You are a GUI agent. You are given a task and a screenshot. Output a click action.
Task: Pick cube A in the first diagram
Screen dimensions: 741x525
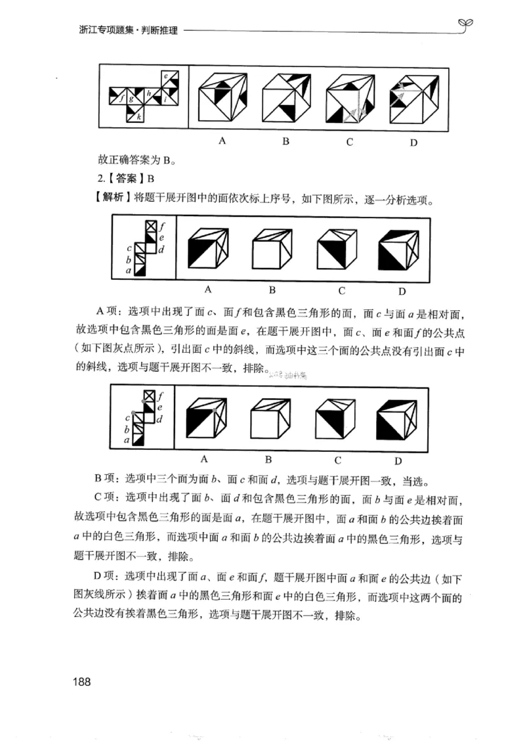pos(224,99)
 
